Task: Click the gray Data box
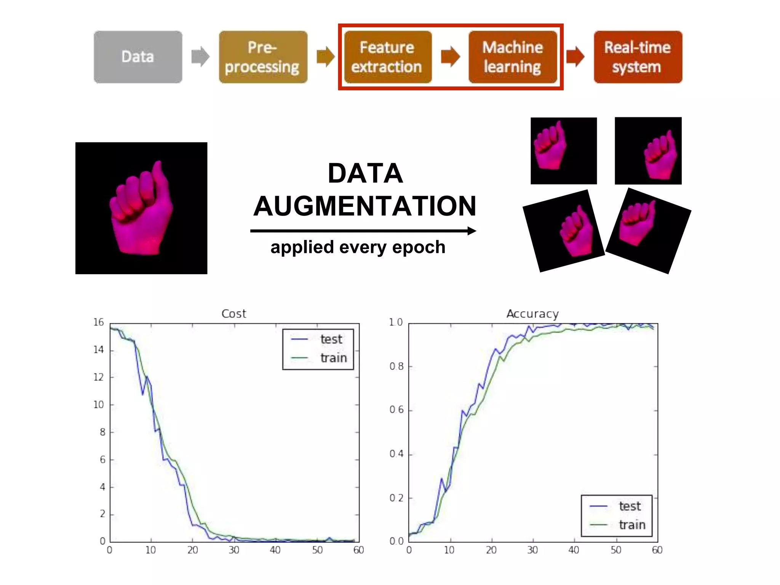(x=138, y=57)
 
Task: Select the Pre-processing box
(x=263, y=57)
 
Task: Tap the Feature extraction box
(x=388, y=57)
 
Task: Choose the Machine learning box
(x=513, y=57)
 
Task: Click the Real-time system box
(x=638, y=57)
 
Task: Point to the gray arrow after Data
(x=200, y=57)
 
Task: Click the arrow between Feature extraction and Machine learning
(x=451, y=57)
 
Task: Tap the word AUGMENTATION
(x=365, y=206)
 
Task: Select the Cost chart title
(x=233, y=313)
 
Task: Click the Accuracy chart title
(x=532, y=313)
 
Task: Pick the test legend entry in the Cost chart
(x=331, y=339)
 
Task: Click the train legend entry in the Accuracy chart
(x=632, y=525)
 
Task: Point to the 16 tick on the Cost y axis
(x=99, y=322)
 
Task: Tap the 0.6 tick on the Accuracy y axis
(x=396, y=410)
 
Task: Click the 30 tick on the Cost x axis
(x=234, y=550)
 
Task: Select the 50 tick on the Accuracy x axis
(x=616, y=550)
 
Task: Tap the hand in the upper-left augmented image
(x=550, y=147)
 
